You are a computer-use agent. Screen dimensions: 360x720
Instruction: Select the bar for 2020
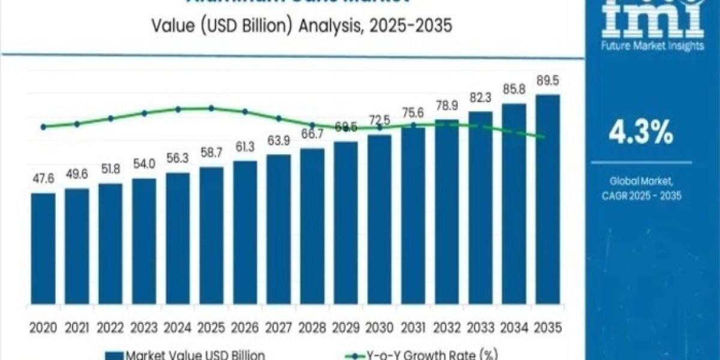click(x=43, y=252)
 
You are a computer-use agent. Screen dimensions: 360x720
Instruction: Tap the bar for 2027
click(x=278, y=234)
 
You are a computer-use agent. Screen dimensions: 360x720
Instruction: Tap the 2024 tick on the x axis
click(x=178, y=328)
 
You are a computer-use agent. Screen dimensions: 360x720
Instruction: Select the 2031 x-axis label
click(x=413, y=328)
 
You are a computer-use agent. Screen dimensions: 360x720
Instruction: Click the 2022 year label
click(x=110, y=328)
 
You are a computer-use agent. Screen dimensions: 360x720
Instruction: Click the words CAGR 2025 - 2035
click(x=641, y=195)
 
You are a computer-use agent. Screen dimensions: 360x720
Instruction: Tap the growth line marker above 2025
click(x=211, y=108)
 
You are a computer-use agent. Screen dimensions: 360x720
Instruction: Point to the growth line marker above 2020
click(x=43, y=127)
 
